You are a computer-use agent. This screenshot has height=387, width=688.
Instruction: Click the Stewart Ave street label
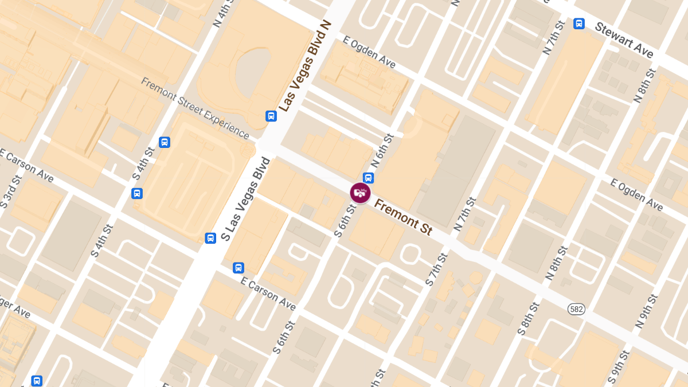tap(624, 40)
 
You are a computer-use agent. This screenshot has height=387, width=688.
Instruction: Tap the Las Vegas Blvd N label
tap(306, 66)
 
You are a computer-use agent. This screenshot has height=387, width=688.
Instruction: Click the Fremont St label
tap(402, 217)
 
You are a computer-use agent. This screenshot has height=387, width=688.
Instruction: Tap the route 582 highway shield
tap(576, 309)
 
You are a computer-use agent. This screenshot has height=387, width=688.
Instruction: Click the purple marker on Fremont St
tap(360, 193)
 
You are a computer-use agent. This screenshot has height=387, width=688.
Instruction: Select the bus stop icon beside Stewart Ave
tap(579, 24)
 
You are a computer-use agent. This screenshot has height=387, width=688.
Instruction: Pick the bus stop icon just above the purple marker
tap(368, 178)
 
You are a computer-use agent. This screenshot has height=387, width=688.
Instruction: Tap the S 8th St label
tap(528, 318)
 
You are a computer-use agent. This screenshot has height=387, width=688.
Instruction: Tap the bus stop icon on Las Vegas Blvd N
tap(271, 116)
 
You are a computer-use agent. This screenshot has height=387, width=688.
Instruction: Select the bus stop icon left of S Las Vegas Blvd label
tap(210, 238)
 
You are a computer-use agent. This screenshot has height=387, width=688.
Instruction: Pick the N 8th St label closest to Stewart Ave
tap(644, 85)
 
